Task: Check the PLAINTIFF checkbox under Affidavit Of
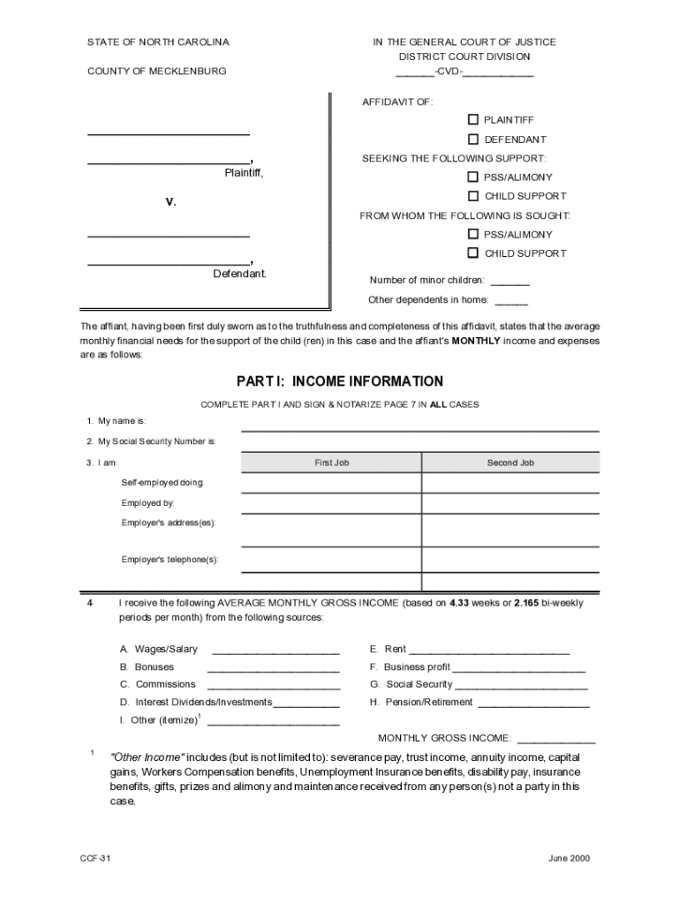[x=473, y=119]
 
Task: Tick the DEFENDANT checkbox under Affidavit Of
[x=473, y=139]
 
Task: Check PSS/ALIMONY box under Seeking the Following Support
[x=473, y=177]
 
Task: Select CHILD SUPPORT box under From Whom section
[x=473, y=252]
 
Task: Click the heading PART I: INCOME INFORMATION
[x=339, y=381]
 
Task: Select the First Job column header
[x=332, y=463]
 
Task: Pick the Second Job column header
[x=510, y=463]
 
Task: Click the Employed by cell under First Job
[x=331, y=504]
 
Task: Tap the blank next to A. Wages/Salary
[x=276, y=650]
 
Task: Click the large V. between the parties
[x=171, y=202]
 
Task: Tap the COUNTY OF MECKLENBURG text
[x=156, y=71]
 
